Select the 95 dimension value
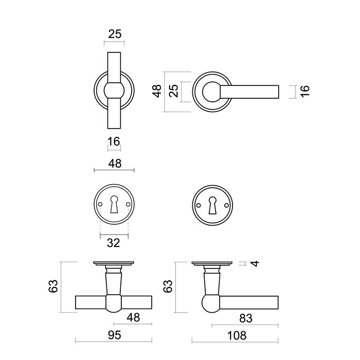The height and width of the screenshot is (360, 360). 114,336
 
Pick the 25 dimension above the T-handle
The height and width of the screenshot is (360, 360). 115,35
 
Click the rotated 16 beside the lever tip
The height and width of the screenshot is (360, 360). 304,92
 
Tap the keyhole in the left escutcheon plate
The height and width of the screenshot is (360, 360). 114,206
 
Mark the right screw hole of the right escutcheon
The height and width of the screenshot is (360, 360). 224,205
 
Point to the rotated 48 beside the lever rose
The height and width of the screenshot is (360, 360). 158,92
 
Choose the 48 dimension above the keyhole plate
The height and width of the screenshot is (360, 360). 115,163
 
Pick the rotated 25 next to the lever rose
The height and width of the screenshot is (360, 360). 174,92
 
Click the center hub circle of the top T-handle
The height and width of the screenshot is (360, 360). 114,92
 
